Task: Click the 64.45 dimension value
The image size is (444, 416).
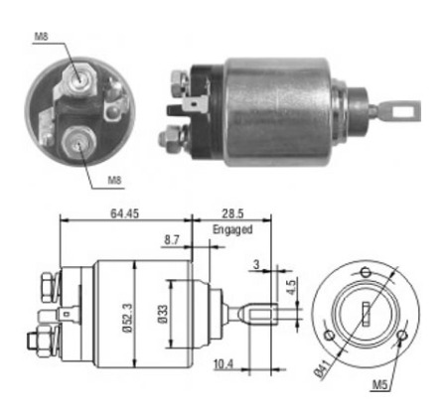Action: pyautogui.click(x=124, y=213)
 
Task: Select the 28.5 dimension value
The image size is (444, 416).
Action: pyautogui.click(x=232, y=213)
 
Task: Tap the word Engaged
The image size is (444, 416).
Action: pyautogui.click(x=232, y=229)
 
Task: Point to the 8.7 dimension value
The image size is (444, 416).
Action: pyautogui.click(x=172, y=240)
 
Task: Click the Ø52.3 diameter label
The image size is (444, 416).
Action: pyautogui.click(x=128, y=317)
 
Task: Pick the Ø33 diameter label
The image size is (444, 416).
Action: pyautogui.click(x=163, y=314)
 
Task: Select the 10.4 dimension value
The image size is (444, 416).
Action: pyautogui.click(x=223, y=364)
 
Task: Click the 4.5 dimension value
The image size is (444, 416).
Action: pyautogui.click(x=291, y=286)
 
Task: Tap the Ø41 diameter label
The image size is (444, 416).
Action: pyautogui.click(x=322, y=368)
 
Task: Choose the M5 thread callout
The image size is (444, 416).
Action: pyautogui.click(x=379, y=384)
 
